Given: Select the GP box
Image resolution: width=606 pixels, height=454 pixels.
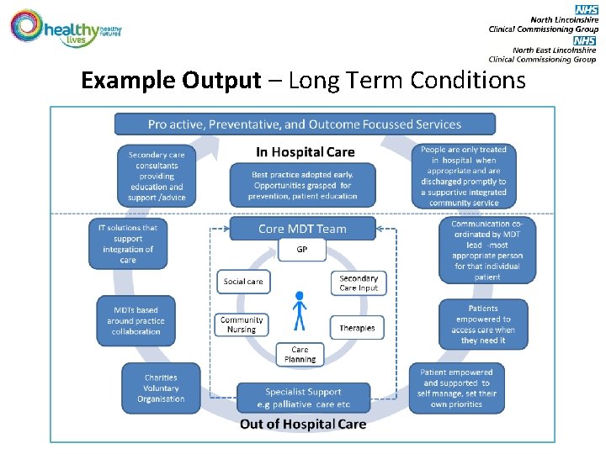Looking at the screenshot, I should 300,250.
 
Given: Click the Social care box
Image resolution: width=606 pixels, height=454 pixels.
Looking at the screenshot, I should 242,282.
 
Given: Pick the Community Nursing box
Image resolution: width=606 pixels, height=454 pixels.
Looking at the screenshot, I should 242,325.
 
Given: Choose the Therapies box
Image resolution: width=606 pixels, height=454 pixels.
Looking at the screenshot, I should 357,328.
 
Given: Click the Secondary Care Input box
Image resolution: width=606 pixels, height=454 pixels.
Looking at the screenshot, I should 359,282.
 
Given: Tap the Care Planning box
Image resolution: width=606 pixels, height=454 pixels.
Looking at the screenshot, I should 300,354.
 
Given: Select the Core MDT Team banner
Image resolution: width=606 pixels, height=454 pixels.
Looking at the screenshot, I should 302,229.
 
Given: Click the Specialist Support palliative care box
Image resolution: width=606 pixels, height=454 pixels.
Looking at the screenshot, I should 302,397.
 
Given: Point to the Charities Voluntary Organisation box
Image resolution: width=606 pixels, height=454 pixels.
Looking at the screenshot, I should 161,388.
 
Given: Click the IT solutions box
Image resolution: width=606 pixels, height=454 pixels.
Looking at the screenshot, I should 127,244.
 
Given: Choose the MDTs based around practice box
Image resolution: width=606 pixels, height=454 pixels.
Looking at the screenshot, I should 136,321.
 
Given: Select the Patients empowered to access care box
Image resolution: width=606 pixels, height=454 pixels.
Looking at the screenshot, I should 483,325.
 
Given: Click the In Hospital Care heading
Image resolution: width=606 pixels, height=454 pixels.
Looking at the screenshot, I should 305,152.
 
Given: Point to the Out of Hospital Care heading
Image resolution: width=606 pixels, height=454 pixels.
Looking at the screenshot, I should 303,424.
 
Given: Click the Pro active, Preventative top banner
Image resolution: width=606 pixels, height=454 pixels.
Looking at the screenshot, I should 305,124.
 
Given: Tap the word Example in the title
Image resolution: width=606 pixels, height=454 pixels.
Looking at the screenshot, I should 128,81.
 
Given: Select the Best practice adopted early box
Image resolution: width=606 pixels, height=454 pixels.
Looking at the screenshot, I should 302,184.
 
